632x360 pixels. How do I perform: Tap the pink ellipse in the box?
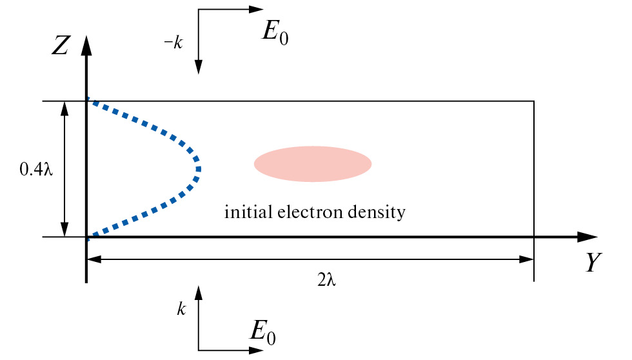tap(313, 164)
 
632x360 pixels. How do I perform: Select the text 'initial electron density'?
tap(315, 212)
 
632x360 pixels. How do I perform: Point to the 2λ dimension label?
tap(327, 281)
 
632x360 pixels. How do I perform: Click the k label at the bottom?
tap(181, 310)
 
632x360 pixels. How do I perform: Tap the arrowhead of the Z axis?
tap(86, 44)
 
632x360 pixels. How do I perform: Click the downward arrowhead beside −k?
tap(199, 67)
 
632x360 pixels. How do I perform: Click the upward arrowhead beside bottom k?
tap(199, 292)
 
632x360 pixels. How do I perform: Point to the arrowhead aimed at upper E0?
tap(257, 10)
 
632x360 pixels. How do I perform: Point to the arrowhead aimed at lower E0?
tap(257, 350)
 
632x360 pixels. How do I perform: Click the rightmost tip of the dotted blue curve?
tap(199, 169)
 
